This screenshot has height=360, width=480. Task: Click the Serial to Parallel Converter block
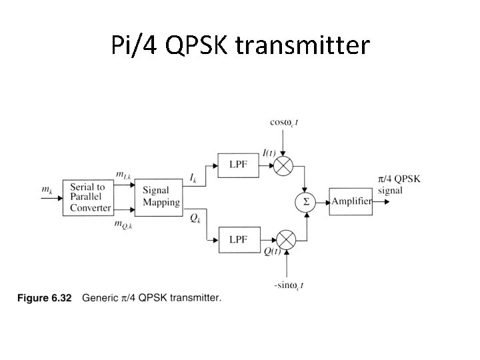click(87, 197)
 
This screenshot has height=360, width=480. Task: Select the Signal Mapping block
click(161, 197)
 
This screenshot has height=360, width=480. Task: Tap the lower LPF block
click(238, 238)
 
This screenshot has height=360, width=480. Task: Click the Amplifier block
click(351, 201)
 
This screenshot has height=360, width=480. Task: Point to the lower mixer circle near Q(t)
click(286, 239)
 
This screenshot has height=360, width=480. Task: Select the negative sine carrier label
click(289, 285)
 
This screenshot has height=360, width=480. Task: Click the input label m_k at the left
click(47, 190)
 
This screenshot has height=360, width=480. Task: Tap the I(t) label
click(269, 152)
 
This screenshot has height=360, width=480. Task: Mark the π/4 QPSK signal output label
click(399, 184)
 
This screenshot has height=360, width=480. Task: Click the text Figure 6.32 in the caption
click(44, 298)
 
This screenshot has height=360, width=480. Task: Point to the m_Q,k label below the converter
click(123, 225)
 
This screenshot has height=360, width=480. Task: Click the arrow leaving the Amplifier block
click(383, 201)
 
